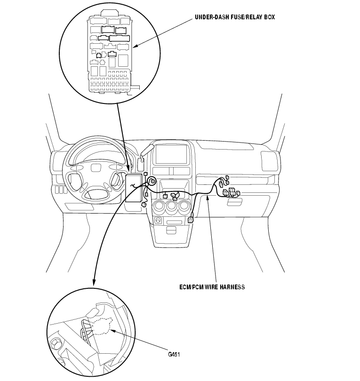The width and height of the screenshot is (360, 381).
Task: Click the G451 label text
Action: tap(174, 355)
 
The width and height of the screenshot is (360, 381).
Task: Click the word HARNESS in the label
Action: tap(232, 287)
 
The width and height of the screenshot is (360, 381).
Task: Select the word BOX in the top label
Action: tap(269, 17)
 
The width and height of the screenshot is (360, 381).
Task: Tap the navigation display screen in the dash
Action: tap(171, 154)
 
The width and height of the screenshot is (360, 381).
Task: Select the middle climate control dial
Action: tap(172, 206)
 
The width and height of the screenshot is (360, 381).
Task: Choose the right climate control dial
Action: tap(184, 206)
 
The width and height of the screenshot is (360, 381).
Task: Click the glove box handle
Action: tap(234, 202)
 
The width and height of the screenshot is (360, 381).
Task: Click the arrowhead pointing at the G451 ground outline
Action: tap(113, 331)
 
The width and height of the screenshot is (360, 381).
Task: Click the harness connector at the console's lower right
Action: tap(191, 220)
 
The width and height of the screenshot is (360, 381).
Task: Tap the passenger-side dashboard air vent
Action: tap(269, 161)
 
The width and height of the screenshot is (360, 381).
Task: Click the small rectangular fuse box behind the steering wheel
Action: tap(134, 188)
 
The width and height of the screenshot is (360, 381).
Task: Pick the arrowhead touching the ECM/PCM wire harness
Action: tap(208, 198)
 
